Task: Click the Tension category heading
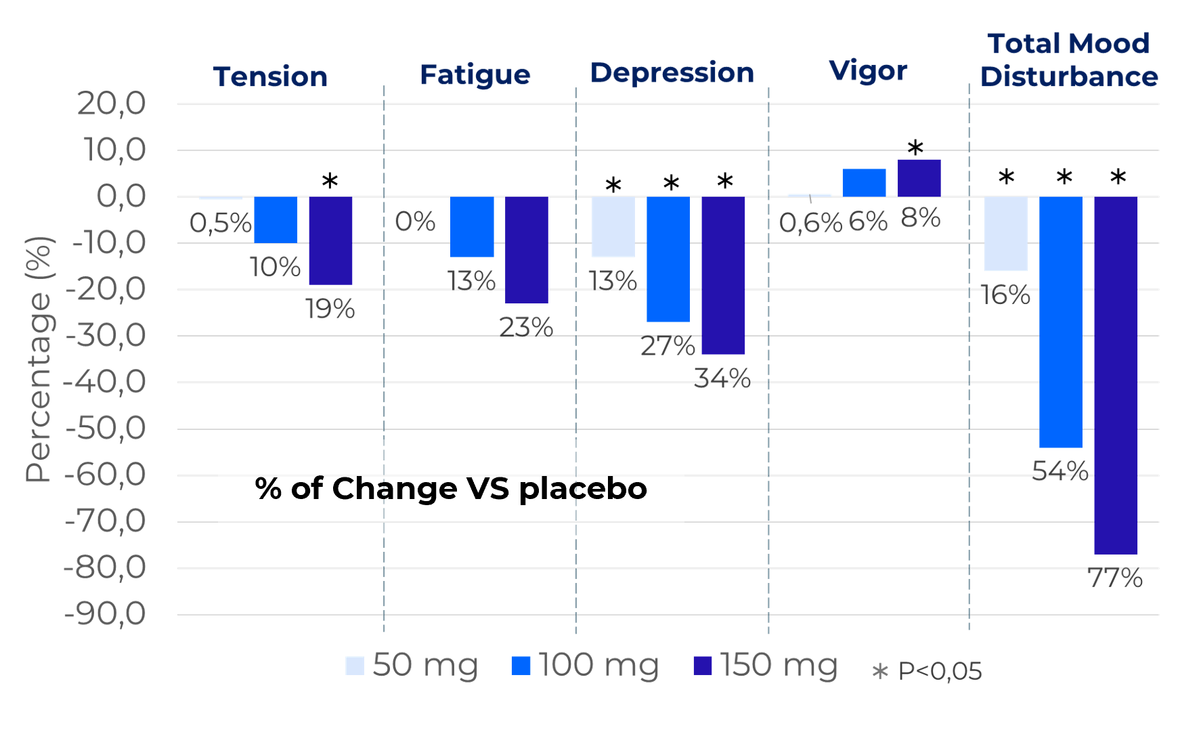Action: pos(270,77)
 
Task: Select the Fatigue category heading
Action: pos(475,74)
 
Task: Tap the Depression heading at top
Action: pos(672,72)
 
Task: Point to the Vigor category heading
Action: pos(868,70)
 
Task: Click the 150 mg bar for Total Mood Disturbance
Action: pos(1116,376)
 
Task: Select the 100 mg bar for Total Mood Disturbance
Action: pos(1061,322)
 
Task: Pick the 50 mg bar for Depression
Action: pos(613,227)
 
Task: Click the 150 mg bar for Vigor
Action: pos(919,178)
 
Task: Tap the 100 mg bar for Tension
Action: pos(276,219)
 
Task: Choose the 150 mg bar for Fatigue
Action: pos(527,251)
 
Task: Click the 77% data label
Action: pos(1114,578)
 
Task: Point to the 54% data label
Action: pos(1060,470)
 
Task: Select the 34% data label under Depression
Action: pos(722,378)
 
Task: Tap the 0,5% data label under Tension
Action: pos(220,223)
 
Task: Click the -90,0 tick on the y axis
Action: pos(105,614)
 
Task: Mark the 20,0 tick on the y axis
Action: pos(112,104)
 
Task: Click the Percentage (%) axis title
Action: pos(39,359)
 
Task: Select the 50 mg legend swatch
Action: pos(355,666)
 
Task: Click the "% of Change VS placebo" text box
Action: pos(451,489)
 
